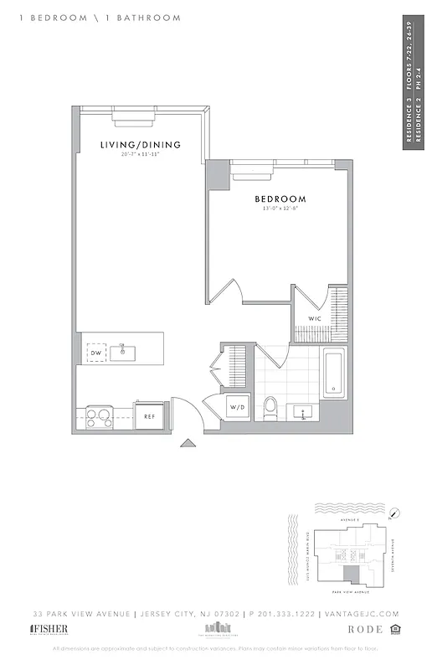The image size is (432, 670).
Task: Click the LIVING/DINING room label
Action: tap(140, 145)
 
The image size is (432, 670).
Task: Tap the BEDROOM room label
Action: tap(280, 199)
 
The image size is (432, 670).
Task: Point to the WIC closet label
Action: tap(316, 319)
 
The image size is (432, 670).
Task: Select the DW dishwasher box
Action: tap(95, 353)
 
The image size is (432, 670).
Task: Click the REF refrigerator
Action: tap(150, 415)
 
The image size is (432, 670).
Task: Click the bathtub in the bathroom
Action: tap(333, 374)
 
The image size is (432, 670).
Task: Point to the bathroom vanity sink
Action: tap(302, 411)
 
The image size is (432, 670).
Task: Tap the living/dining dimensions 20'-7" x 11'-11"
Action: tap(140, 155)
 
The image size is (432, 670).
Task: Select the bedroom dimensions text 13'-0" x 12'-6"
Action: tap(280, 209)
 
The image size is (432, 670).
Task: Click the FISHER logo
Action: tap(49, 629)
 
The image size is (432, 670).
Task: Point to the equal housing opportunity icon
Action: tap(399, 629)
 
